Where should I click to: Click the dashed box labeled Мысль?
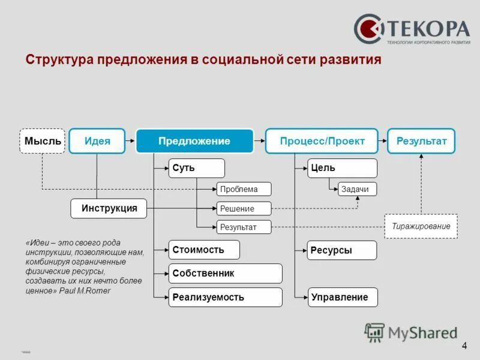point(42,141)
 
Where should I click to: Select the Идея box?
point(97,141)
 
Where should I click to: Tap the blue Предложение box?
point(194,141)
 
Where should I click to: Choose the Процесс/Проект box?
point(322,141)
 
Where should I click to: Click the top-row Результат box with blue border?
point(421,141)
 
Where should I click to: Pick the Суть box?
point(196,168)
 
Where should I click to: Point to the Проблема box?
point(244,189)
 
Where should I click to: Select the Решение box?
point(244,209)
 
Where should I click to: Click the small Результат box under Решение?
point(244,227)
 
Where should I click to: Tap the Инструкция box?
point(109,208)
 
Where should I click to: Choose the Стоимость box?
point(204,250)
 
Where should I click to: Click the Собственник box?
point(225,274)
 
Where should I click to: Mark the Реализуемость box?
point(225,297)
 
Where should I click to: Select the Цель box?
point(342,168)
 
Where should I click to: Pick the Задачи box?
point(358,189)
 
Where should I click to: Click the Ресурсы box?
point(342,250)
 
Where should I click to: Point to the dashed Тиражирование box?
point(421,226)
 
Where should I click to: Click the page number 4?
point(464,346)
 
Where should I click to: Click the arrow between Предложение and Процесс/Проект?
point(259,141)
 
